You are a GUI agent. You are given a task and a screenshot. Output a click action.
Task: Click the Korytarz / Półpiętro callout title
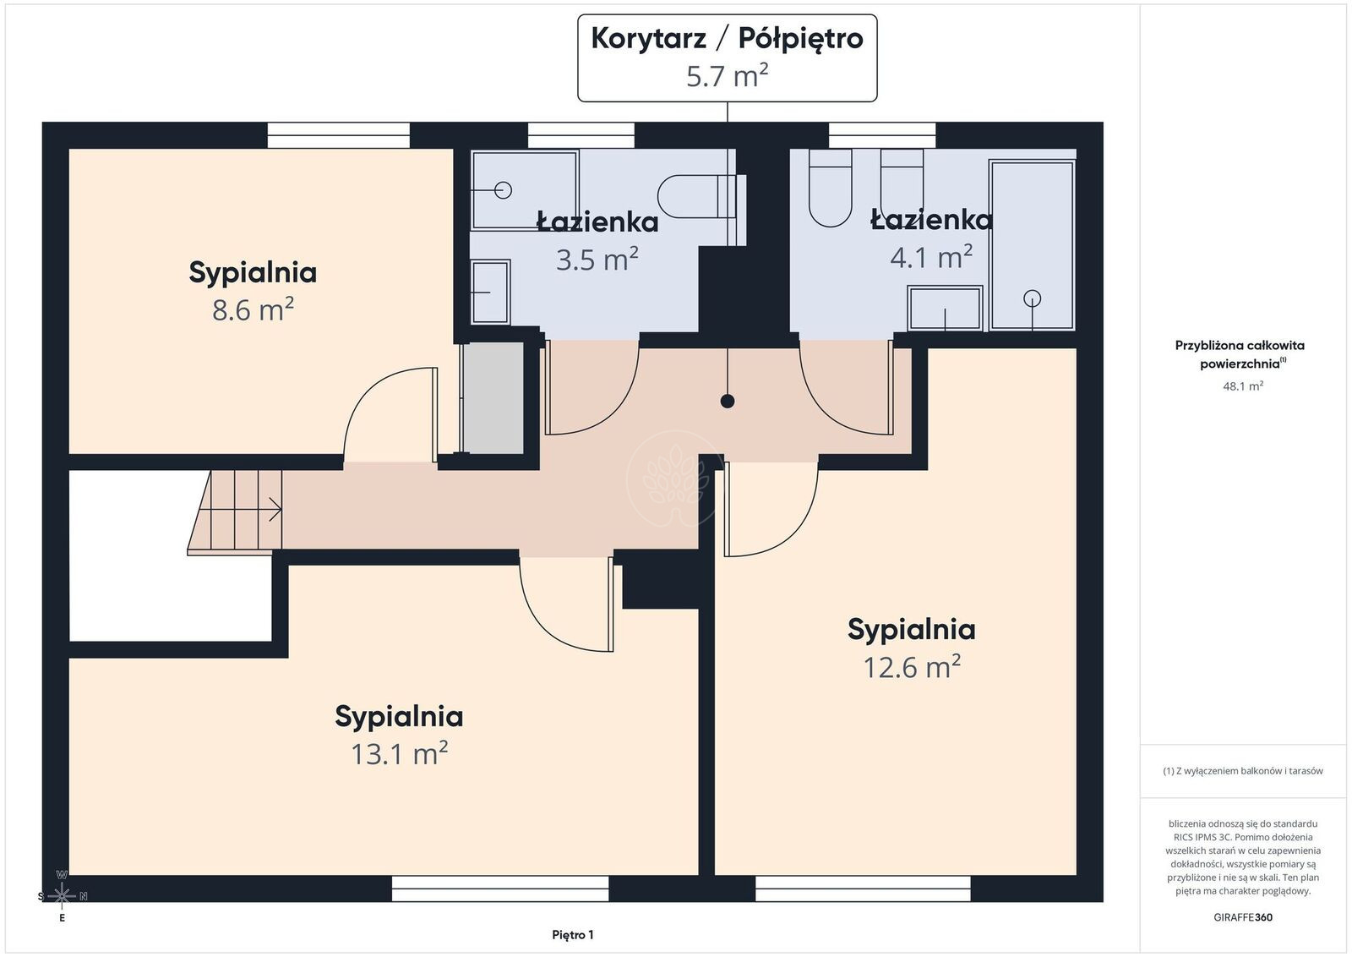[727, 39]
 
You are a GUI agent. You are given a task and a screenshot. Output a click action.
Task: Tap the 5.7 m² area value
[727, 76]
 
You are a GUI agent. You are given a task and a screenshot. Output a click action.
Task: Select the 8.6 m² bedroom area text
[253, 309]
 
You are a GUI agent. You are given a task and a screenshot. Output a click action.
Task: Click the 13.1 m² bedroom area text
[399, 753]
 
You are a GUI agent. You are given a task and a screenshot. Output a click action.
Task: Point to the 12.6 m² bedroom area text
[912, 666]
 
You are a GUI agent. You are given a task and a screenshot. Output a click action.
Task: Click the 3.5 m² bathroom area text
[597, 259]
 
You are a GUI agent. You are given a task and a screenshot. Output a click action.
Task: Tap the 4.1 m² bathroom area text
[930, 257]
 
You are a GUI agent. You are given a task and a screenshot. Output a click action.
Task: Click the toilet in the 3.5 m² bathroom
[701, 197]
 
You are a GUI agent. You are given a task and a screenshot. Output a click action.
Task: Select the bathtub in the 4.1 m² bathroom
[1032, 244]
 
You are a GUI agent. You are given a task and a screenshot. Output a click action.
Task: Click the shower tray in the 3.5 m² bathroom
[525, 190]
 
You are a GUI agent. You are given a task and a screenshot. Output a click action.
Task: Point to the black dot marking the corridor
[728, 401]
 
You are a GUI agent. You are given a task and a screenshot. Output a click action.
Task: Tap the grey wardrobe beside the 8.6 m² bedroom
[492, 398]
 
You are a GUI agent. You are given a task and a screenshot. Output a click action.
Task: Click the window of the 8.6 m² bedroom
[339, 135]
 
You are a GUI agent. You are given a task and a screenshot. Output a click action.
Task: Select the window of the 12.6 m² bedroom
[863, 889]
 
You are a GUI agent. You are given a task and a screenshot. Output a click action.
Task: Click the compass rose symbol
[62, 895]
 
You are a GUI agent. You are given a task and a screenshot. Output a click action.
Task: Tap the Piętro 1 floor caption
[573, 935]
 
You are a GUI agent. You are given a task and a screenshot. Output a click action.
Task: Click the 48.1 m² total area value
[1243, 386]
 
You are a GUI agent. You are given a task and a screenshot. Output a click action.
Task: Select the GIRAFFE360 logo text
[1243, 917]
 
